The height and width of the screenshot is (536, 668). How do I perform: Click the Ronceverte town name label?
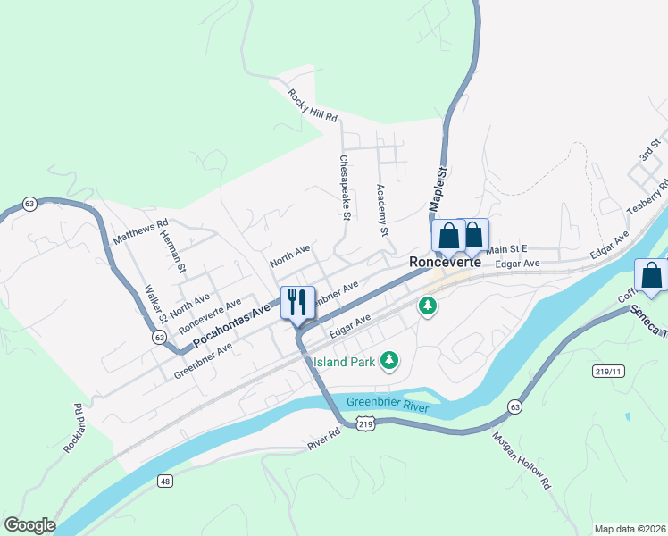[445, 263]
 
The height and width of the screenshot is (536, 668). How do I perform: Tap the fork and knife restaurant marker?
[297, 302]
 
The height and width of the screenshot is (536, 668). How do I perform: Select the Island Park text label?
[344, 362]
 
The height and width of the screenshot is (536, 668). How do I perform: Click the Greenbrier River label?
[388, 404]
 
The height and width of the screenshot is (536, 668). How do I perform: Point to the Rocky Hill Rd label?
[312, 105]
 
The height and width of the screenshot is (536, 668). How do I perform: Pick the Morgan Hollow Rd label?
[521, 461]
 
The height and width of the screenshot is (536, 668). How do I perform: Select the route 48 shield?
[166, 482]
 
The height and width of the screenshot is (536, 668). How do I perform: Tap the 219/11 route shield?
[606, 370]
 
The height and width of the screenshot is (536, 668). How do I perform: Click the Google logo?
[29, 525]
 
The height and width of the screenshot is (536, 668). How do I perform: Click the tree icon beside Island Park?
[388, 361]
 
